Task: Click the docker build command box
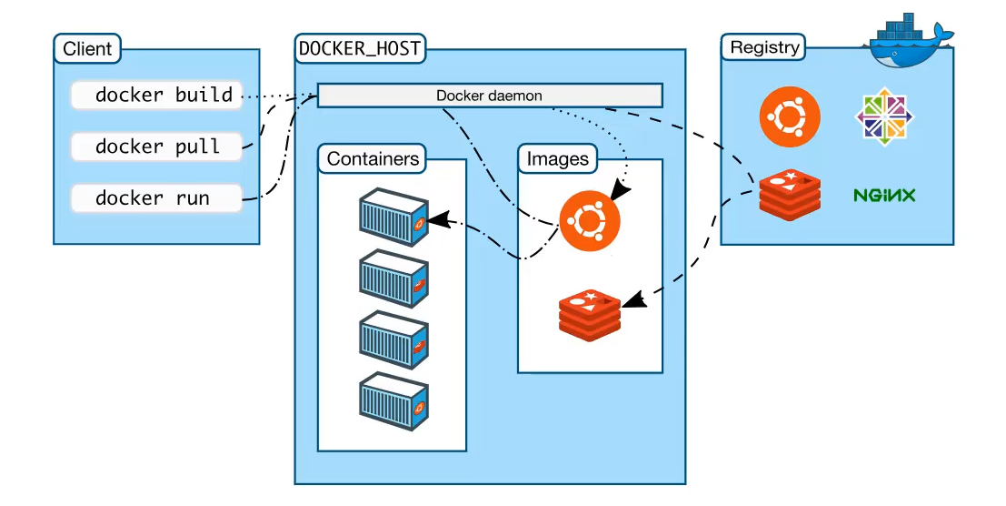pos(156,95)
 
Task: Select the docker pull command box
pos(156,147)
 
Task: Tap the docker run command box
pos(156,198)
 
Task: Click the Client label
pos(87,49)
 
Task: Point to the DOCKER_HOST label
pos(360,48)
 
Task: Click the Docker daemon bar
pos(490,96)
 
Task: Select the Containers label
pos(373,158)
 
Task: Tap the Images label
pos(558,158)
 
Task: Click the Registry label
pos(764,47)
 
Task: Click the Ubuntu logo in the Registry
pos(790,116)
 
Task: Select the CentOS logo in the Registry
pos(885,116)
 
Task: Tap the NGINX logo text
pos(884,195)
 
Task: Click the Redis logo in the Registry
pos(790,195)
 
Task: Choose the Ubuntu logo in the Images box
pos(590,221)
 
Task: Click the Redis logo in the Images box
pos(590,315)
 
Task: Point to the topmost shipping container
pos(393,217)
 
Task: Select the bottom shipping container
pos(393,401)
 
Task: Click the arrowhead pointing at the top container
pos(436,220)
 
